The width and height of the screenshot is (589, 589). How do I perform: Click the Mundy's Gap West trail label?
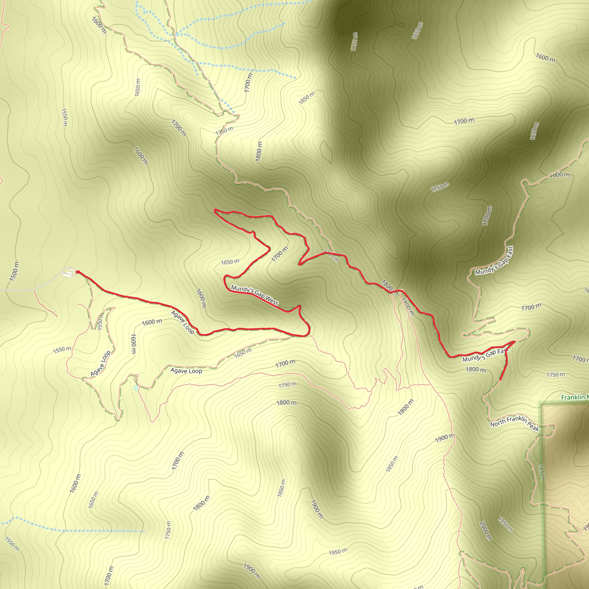[254, 295]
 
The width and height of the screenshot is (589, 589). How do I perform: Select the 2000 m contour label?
[485, 531]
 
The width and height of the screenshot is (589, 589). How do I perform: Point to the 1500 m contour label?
[14, 271]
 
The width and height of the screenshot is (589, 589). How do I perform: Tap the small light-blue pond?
[136, 388]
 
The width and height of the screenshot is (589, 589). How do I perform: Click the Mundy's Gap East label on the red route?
[486, 355]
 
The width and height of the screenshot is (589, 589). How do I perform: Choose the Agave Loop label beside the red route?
[182, 322]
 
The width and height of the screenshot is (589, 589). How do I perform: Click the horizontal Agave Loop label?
[186, 371]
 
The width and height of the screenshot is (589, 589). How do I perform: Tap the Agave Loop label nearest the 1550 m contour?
[100, 364]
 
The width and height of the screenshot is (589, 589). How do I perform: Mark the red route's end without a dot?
[501, 380]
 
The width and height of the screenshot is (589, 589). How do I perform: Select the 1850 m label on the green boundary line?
[541, 473]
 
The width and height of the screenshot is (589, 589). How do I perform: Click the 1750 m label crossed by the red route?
[331, 256]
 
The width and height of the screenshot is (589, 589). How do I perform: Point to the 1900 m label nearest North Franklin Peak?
[444, 438]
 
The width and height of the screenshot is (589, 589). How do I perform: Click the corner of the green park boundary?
[542, 404]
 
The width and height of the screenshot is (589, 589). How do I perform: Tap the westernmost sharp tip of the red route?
[215, 210]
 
